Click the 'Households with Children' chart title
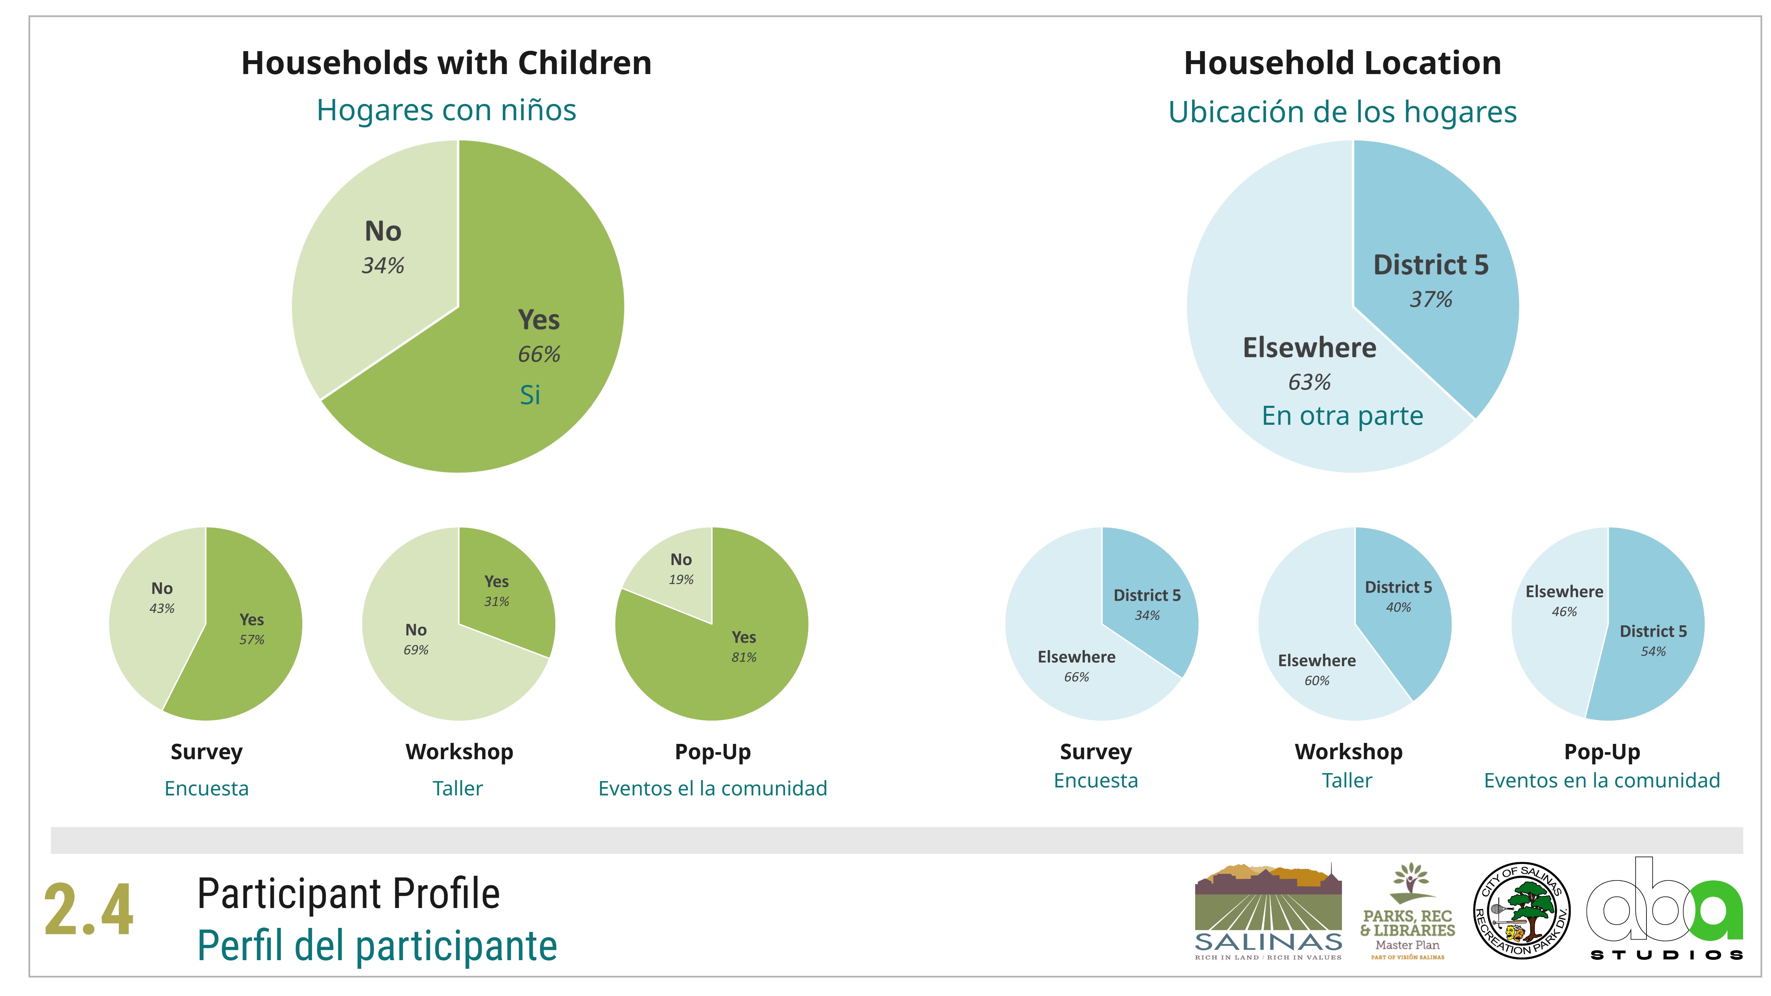[446, 63]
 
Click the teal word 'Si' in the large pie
[530, 395]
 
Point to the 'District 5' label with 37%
[1431, 265]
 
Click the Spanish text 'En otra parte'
[1342, 416]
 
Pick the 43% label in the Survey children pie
[162, 608]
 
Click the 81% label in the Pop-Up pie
[744, 657]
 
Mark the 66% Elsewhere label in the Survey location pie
[1077, 677]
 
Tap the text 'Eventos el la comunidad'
[712, 788]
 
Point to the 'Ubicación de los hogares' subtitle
[1342, 112]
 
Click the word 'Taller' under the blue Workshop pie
[1347, 781]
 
